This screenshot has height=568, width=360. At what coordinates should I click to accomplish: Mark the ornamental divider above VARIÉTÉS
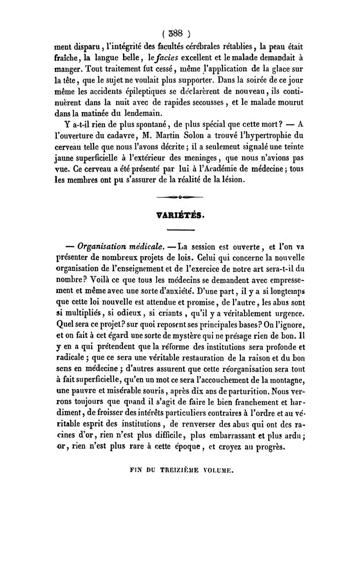click(x=180, y=197)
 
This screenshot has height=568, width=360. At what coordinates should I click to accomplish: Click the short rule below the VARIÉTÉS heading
click(x=180, y=230)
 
